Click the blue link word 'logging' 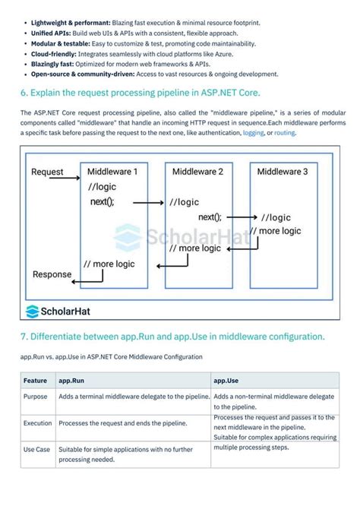(x=254, y=132)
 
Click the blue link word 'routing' (x=285, y=132)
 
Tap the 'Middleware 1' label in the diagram (x=112, y=172)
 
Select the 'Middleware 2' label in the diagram (x=197, y=172)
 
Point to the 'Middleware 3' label (x=283, y=172)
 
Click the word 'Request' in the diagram (x=47, y=172)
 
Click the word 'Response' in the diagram (x=52, y=274)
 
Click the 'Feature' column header (x=35, y=380)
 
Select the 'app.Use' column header (x=226, y=380)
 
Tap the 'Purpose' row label (x=36, y=397)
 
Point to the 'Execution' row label (x=38, y=423)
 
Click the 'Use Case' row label (x=37, y=450)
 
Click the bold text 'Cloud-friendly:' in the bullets (x=52, y=54)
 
